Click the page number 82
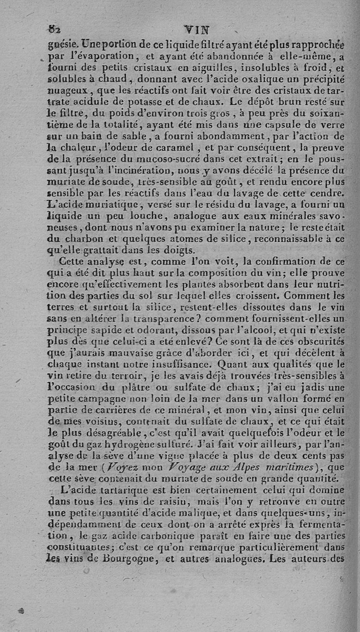[55, 31]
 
